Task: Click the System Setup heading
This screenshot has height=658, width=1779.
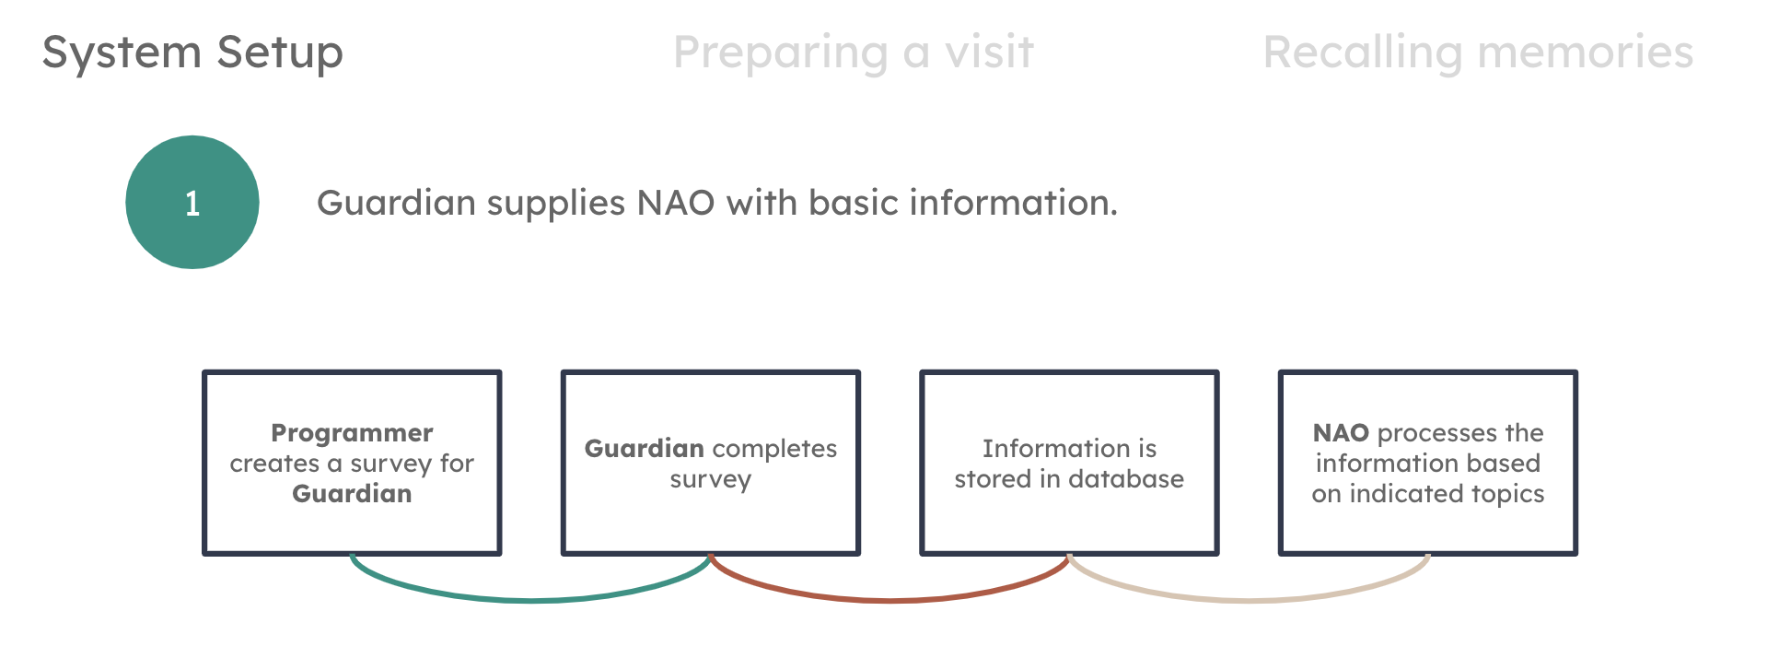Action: coord(192,53)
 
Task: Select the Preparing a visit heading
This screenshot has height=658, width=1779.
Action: coord(854,53)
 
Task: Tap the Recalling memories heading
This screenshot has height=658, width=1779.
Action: coord(1478,53)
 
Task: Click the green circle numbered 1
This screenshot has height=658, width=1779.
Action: coord(192,203)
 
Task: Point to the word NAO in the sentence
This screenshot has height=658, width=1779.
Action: coord(675,203)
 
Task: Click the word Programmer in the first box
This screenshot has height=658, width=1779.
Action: coord(352,433)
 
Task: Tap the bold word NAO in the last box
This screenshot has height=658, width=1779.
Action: coord(1341,433)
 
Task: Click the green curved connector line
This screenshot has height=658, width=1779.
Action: coord(531,600)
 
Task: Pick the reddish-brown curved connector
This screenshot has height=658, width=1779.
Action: coord(889,600)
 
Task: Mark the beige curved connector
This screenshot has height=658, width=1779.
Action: coord(1249,600)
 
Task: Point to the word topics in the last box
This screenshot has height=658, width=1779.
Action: coord(1507,494)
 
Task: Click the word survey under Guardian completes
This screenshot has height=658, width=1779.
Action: coord(710,480)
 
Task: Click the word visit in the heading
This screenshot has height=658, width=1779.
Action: coord(990,53)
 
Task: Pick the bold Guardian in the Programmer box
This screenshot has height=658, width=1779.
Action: coord(352,494)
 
